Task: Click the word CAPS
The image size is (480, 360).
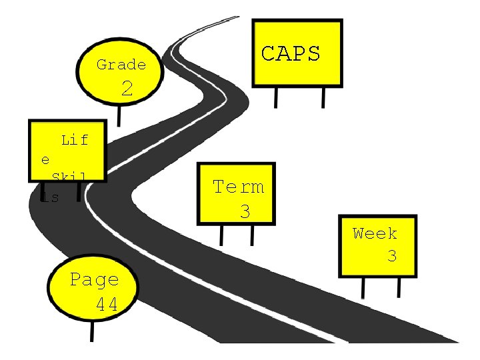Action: point(291,53)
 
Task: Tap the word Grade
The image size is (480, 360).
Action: point(121,65)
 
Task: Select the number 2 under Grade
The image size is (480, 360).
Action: point(127,89)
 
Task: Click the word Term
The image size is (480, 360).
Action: point(238,187)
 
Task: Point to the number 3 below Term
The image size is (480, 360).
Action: point(245,212)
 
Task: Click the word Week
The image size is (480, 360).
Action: point(375,233)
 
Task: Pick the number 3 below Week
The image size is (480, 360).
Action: point(392,255)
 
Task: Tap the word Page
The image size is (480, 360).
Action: point(95,279)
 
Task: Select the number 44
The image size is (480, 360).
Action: point(107,305)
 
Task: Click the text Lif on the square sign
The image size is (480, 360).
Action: point(75,140)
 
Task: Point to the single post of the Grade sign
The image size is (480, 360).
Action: point(119,115)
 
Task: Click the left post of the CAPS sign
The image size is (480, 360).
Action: point(275,97)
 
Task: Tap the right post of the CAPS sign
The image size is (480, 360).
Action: point(323,97)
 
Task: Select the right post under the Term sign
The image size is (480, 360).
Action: point(253,235)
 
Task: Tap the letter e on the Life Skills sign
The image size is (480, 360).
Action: point(45,160)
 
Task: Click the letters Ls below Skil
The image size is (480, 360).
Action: point(49,197)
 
